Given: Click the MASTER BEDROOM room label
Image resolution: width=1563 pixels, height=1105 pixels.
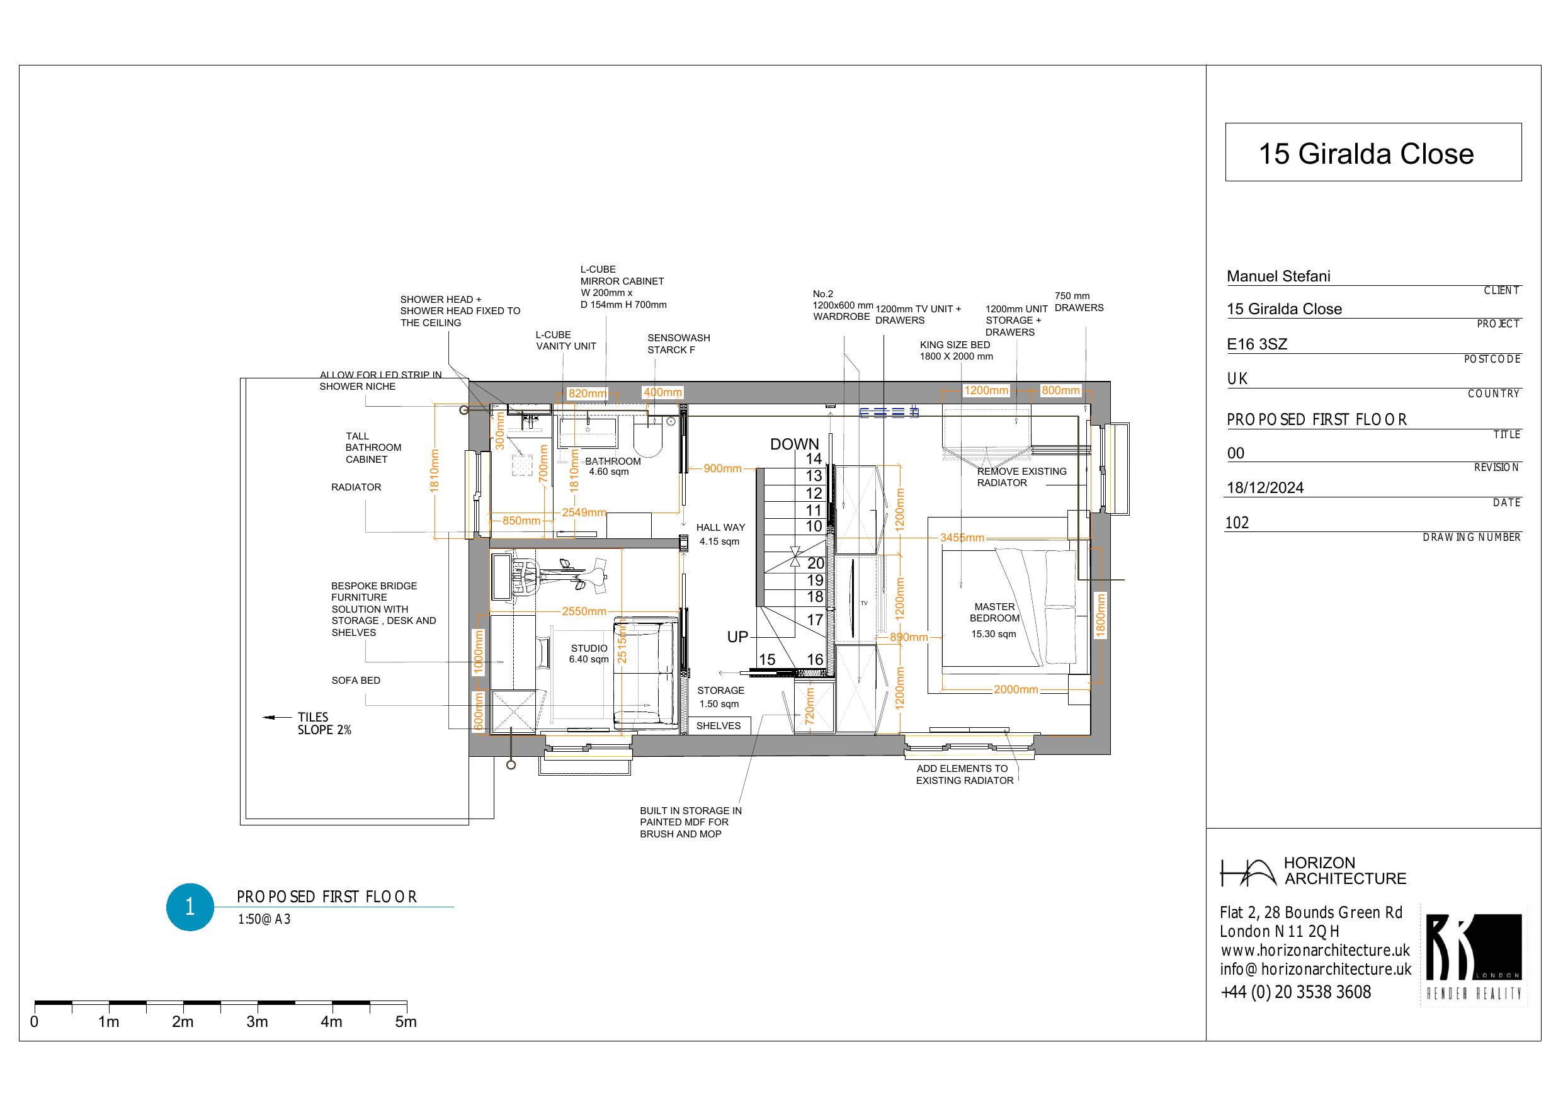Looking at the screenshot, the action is point(994,612).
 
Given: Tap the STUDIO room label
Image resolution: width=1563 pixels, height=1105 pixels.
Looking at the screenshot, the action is point(589,648).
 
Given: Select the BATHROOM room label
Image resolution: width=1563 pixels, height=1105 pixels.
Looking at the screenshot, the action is point(613,461).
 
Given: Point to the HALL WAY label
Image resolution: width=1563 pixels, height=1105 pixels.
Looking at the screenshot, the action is point(720,527).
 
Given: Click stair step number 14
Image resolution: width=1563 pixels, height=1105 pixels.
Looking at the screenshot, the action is point(814,459).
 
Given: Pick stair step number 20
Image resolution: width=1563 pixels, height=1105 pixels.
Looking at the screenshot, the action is point(816,563).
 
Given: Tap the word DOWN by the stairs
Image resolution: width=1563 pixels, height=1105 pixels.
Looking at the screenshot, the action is point(795,444).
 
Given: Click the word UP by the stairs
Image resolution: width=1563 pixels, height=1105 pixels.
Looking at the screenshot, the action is point(737,637).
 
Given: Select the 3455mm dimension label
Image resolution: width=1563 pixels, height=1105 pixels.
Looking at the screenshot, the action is point(962,538).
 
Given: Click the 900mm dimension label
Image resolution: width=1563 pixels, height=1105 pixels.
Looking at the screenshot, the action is point(722,468).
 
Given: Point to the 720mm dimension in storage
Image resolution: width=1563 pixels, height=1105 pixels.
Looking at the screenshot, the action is point(809,706).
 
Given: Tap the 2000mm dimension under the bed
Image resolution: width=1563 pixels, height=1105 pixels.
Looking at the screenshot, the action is point(1016,689).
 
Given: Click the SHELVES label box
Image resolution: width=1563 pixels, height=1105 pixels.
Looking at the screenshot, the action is point(719,726).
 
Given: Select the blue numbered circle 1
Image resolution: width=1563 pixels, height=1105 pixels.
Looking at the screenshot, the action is point(190,907).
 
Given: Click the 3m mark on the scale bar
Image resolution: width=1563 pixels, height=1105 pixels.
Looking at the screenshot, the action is point(257,1021).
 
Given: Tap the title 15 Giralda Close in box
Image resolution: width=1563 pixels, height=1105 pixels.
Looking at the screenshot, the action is point(1366,154).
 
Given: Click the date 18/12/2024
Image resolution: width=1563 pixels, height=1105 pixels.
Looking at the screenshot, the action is point(1265,487).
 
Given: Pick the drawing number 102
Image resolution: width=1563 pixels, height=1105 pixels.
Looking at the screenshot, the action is point(1237,523).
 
